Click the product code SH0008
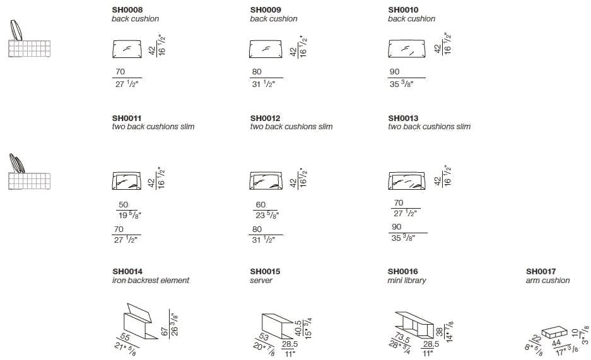[127, 10]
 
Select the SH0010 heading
[403, 10]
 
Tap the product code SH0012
[266, 119]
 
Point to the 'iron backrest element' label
[151, 280]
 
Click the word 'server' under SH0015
[261, 281]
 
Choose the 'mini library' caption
[407, 281]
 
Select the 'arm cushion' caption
[547, 280]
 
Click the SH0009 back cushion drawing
[266, 49]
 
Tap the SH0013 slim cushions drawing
[407, 180]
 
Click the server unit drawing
[278, 326]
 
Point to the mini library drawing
[414, 325]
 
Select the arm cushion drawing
[554, 333]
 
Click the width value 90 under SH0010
[395, 72]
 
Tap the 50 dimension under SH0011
[123, 205]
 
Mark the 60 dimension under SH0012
[260, 205]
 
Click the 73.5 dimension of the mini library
[402, 337]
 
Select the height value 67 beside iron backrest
[165, 332]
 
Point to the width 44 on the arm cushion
[556, 343]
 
